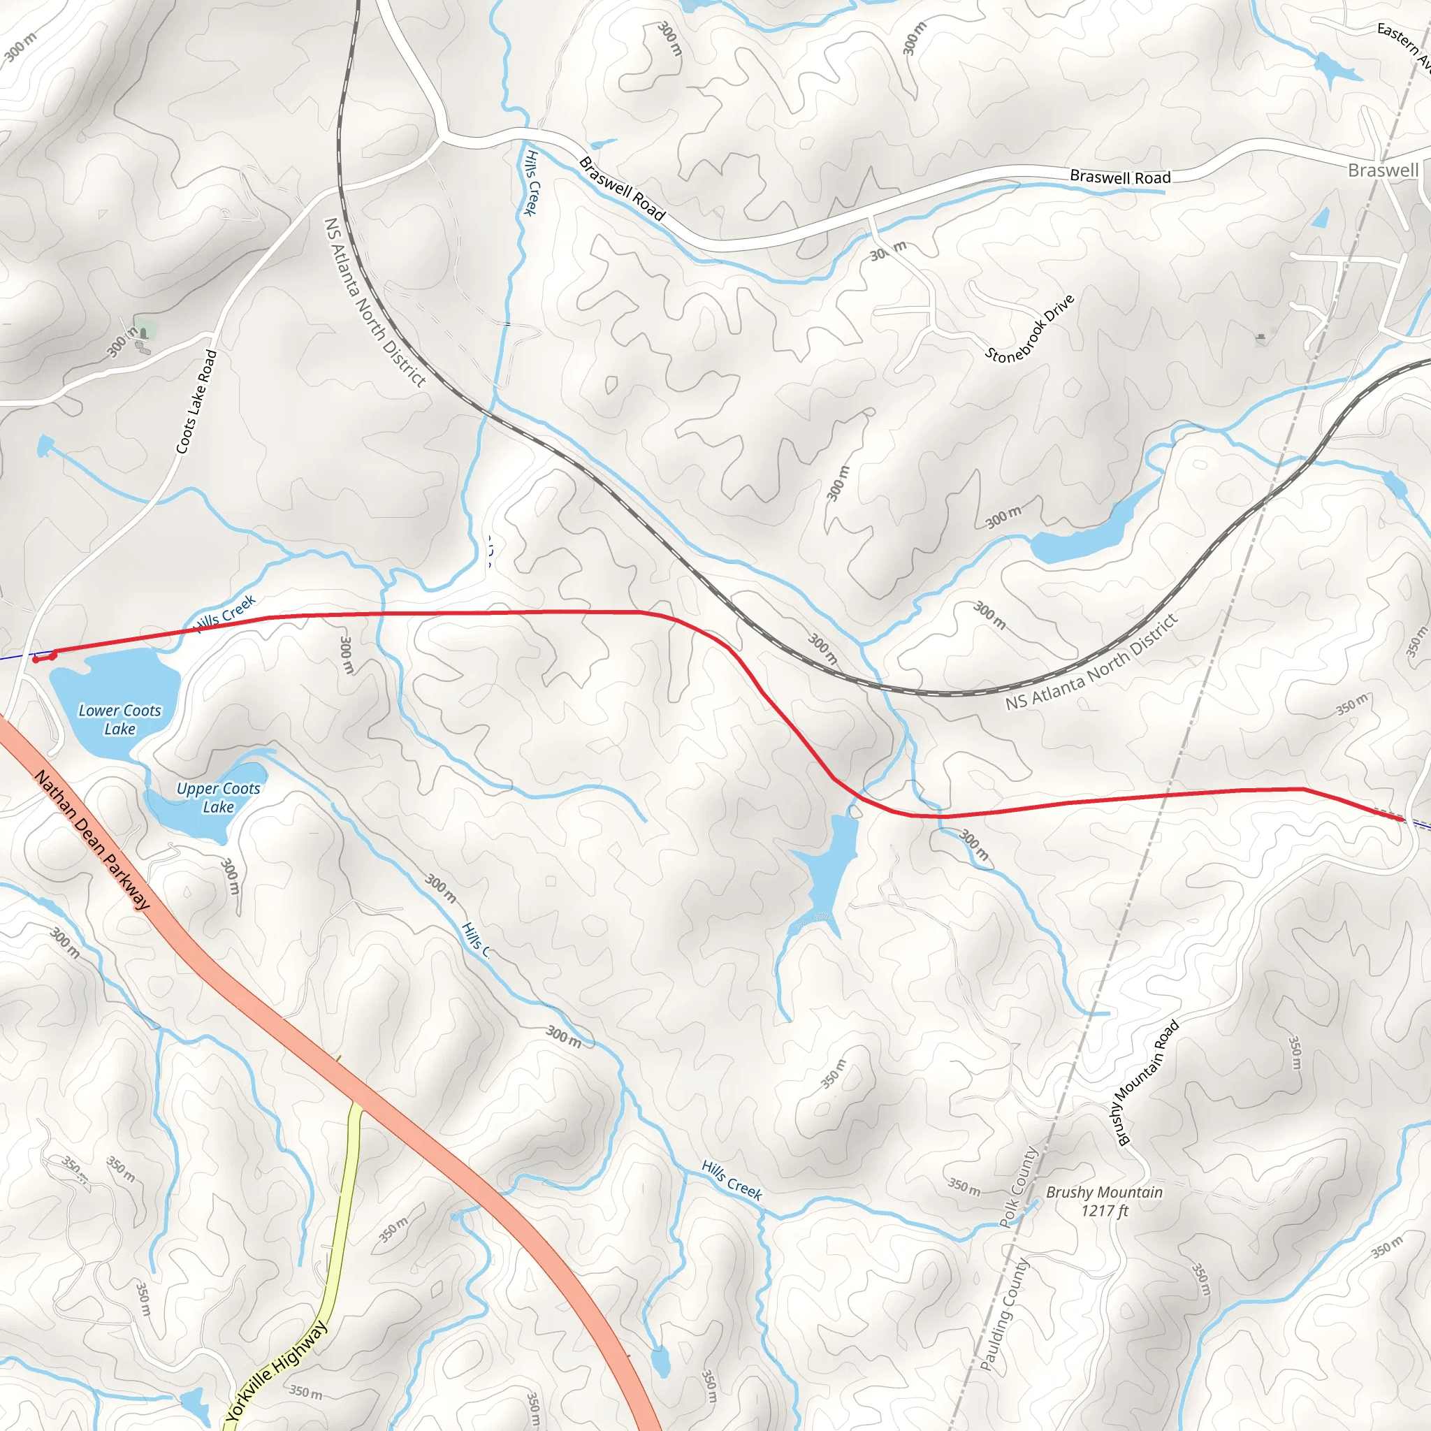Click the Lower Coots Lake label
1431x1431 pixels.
[x=119, y=719]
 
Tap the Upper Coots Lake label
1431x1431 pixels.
[x=219, y=798]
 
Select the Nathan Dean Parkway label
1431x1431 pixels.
[x=92, y=840]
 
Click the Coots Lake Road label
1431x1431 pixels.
[x=196, y=402]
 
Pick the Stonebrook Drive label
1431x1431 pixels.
[x=1029, y=328]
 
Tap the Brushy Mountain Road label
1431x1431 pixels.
[x=1147, y=1083]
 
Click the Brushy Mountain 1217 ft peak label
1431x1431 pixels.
[x=1103, y=1200]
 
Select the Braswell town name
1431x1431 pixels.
[x=1383, y=170]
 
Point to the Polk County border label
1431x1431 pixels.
[x=1019, y=1186]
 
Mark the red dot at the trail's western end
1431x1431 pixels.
[x=36, y=660]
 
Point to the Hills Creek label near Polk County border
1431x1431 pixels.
[x=731, y=1180]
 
